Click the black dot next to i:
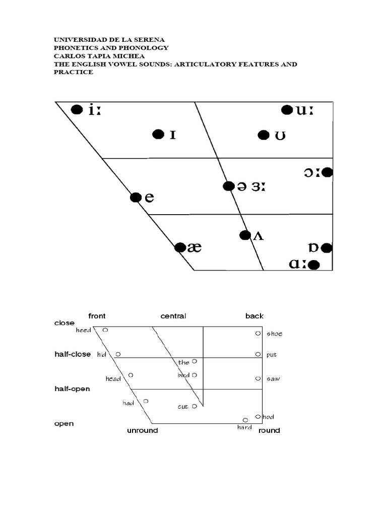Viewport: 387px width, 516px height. [x=77, y=109]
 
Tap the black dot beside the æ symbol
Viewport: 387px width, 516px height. [x=179, y=247]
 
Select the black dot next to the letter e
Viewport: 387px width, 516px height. [x=136, y=198]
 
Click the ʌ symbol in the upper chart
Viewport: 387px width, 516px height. [x=258, y=235]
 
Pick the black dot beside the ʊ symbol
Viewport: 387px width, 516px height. [x=263, y=135]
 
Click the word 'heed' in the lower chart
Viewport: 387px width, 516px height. [x=84, y=330]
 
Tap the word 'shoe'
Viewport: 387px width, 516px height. [x=275, y=334]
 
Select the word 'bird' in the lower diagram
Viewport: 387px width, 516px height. [x=183, y=375]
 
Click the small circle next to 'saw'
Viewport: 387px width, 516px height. [x=257, y=378]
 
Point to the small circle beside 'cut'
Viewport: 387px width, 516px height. [x=195, y=406]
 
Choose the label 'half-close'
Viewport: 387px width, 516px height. [x=73, y=354]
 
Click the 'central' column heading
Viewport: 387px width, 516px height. [x=173, y=316]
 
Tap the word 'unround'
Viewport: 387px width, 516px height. [x=142, y=430]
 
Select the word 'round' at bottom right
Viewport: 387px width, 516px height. [x=269, y=430]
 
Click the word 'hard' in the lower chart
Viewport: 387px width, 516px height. [x=244, y=427]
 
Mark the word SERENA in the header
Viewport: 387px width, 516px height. [x=149, y=39]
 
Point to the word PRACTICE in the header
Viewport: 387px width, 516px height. [x=74, y=73]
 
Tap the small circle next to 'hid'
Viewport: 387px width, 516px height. [x=118, y=354]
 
